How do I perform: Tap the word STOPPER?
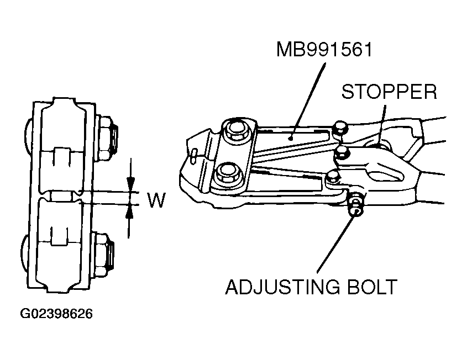(389, 91)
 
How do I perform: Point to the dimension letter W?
(156, 200)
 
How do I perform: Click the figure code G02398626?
(57, 314)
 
